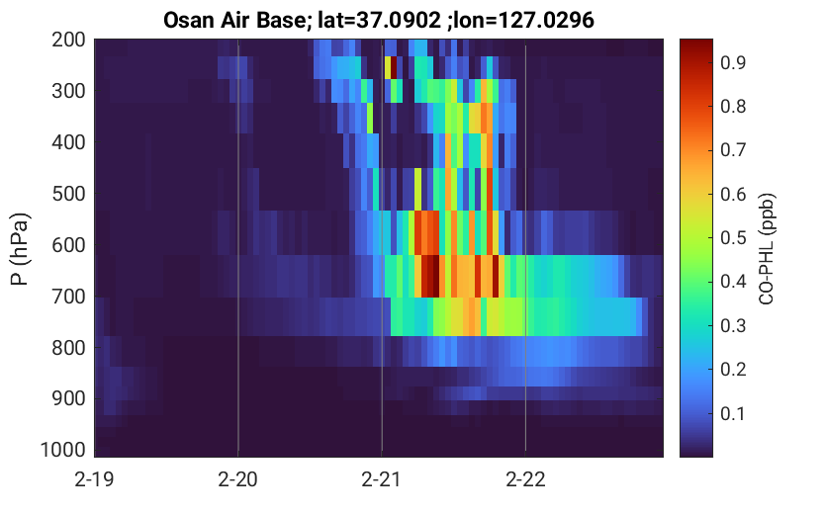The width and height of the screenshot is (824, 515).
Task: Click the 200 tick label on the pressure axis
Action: click(68, 40)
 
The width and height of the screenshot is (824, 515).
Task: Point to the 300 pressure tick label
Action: click(68, 91)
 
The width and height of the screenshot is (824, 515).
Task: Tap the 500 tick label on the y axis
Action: click(68, 194)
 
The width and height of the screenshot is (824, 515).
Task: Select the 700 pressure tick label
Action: click(68, 297)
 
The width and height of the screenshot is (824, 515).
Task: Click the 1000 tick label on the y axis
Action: click(63, 450)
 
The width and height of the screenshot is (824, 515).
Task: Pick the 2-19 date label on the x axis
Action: click(95, 479)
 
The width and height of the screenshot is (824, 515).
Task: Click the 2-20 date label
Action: click(238, 479)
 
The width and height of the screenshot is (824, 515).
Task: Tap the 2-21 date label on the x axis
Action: click(382, 479)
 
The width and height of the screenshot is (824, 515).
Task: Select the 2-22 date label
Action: click(525, 479)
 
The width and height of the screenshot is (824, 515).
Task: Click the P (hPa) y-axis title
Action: click(20, 249)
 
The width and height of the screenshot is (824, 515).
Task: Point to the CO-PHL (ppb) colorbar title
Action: click(767, 249)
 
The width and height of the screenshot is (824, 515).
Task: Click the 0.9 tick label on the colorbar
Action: click(733, 62)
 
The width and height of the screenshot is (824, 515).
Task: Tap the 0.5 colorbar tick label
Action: click(733, 238)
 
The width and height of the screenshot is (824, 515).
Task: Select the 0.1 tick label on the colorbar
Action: click(733, 413)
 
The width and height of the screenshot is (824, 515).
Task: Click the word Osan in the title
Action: click(186, 21)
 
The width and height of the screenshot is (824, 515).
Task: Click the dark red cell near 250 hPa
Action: click(394, 68)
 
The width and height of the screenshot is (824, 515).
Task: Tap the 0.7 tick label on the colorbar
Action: click(733, 150)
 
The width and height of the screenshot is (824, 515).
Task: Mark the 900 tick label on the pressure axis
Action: click(68, 398)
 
